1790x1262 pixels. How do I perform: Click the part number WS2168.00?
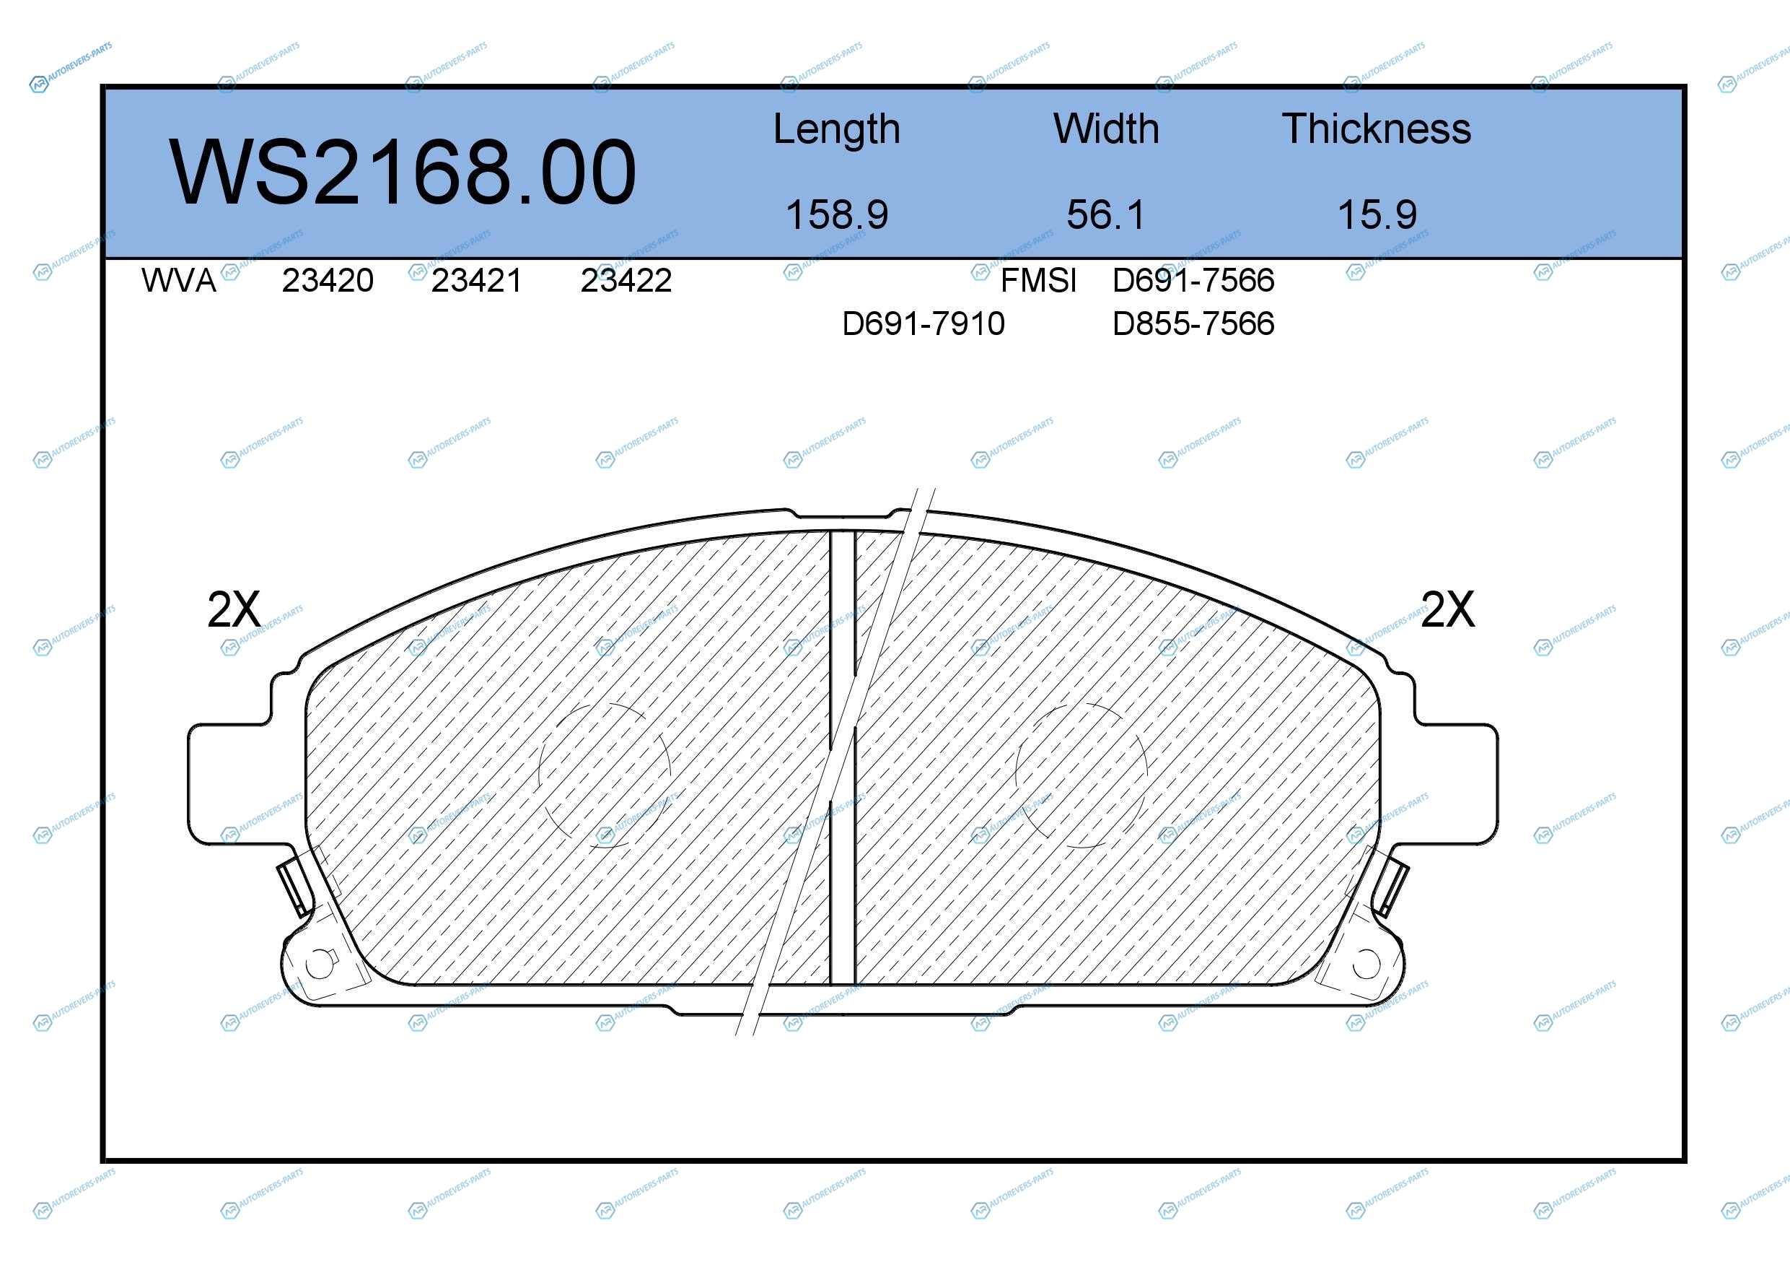click(x=403, y=173)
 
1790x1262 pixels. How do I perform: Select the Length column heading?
click(x=836, y=130)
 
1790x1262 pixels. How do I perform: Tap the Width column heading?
click(x=1105, y=129)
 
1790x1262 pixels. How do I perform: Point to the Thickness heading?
click(x=1376, y=129)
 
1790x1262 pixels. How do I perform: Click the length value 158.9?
click(x=836, y=214)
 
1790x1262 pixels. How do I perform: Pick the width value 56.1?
click(x=1105, y=214)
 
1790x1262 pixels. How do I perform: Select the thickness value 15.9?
click(x=1377, y=214)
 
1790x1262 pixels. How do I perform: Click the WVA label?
click(x=178, y=280)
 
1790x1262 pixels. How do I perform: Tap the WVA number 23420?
click(x=328, y=280)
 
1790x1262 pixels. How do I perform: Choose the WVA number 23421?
click(x=476, y=280)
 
